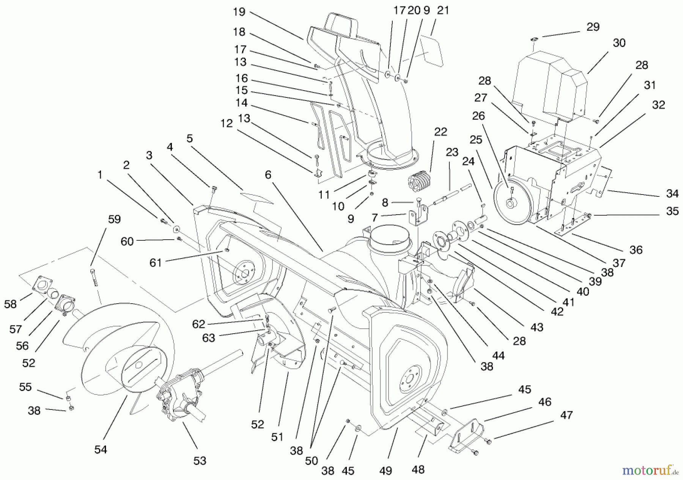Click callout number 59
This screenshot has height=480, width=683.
(x=114, y=219)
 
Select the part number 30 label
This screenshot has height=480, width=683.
(x=619, y=43)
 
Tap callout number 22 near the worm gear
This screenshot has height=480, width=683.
(x=441, y=132)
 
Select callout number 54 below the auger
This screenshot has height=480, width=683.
(x=101, y=450)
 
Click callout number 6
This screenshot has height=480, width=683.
(x=268, y=175)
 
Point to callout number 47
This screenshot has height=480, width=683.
(x=566, y=415)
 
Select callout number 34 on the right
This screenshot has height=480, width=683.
(x=672, y=194)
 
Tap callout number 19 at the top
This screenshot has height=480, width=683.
(x=239, y=12)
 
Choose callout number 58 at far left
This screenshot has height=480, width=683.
(x=10, y=304)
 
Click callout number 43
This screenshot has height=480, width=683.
(x=537, y=327)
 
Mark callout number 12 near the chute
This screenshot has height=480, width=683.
(x=227, y=124)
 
